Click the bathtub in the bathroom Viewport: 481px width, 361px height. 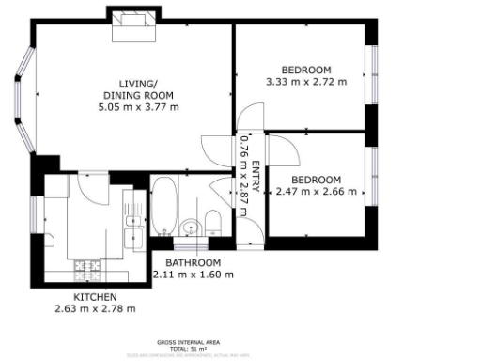click(x=163, y=205)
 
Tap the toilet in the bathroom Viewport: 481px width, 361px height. click(x=212, y=223)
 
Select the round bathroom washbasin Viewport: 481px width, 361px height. click(x=190, y=227)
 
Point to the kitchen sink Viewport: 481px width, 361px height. click(x=133, y=223)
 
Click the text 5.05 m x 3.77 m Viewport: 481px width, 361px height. click(x=140, y=107)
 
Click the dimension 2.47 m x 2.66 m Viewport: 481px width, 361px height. click(x=317, y=192)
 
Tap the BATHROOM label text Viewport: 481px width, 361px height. click(x=193, y=262)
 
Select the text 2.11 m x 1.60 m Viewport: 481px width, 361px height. click(x=193, y=275)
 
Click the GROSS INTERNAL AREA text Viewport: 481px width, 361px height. click(x=193, y=343)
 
